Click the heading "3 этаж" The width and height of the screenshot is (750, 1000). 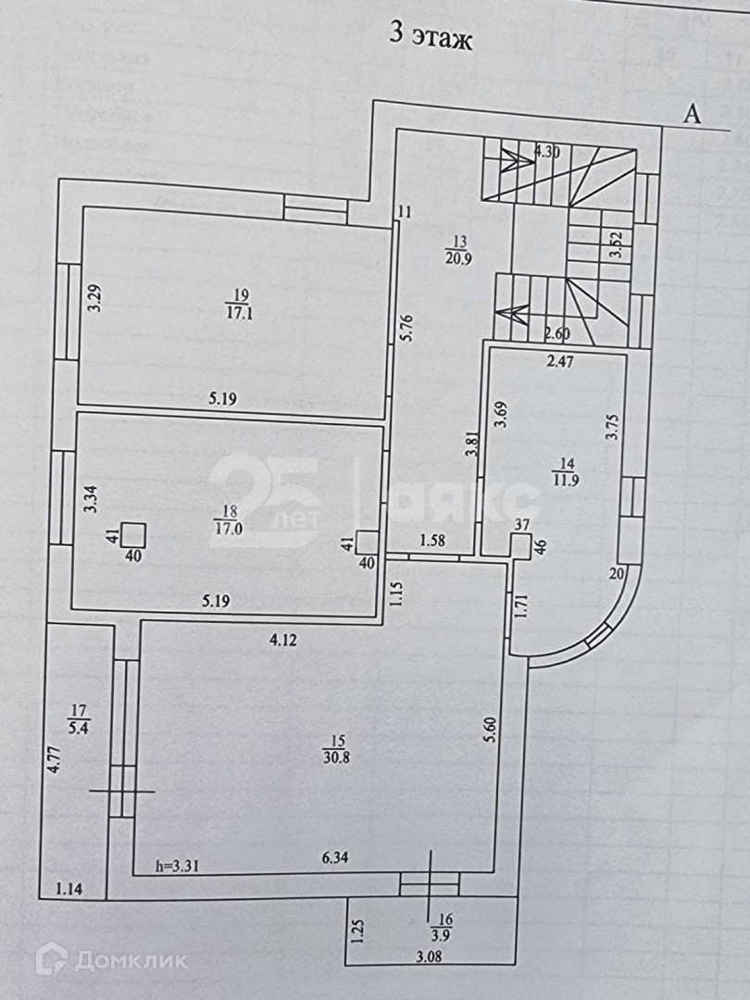430,40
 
